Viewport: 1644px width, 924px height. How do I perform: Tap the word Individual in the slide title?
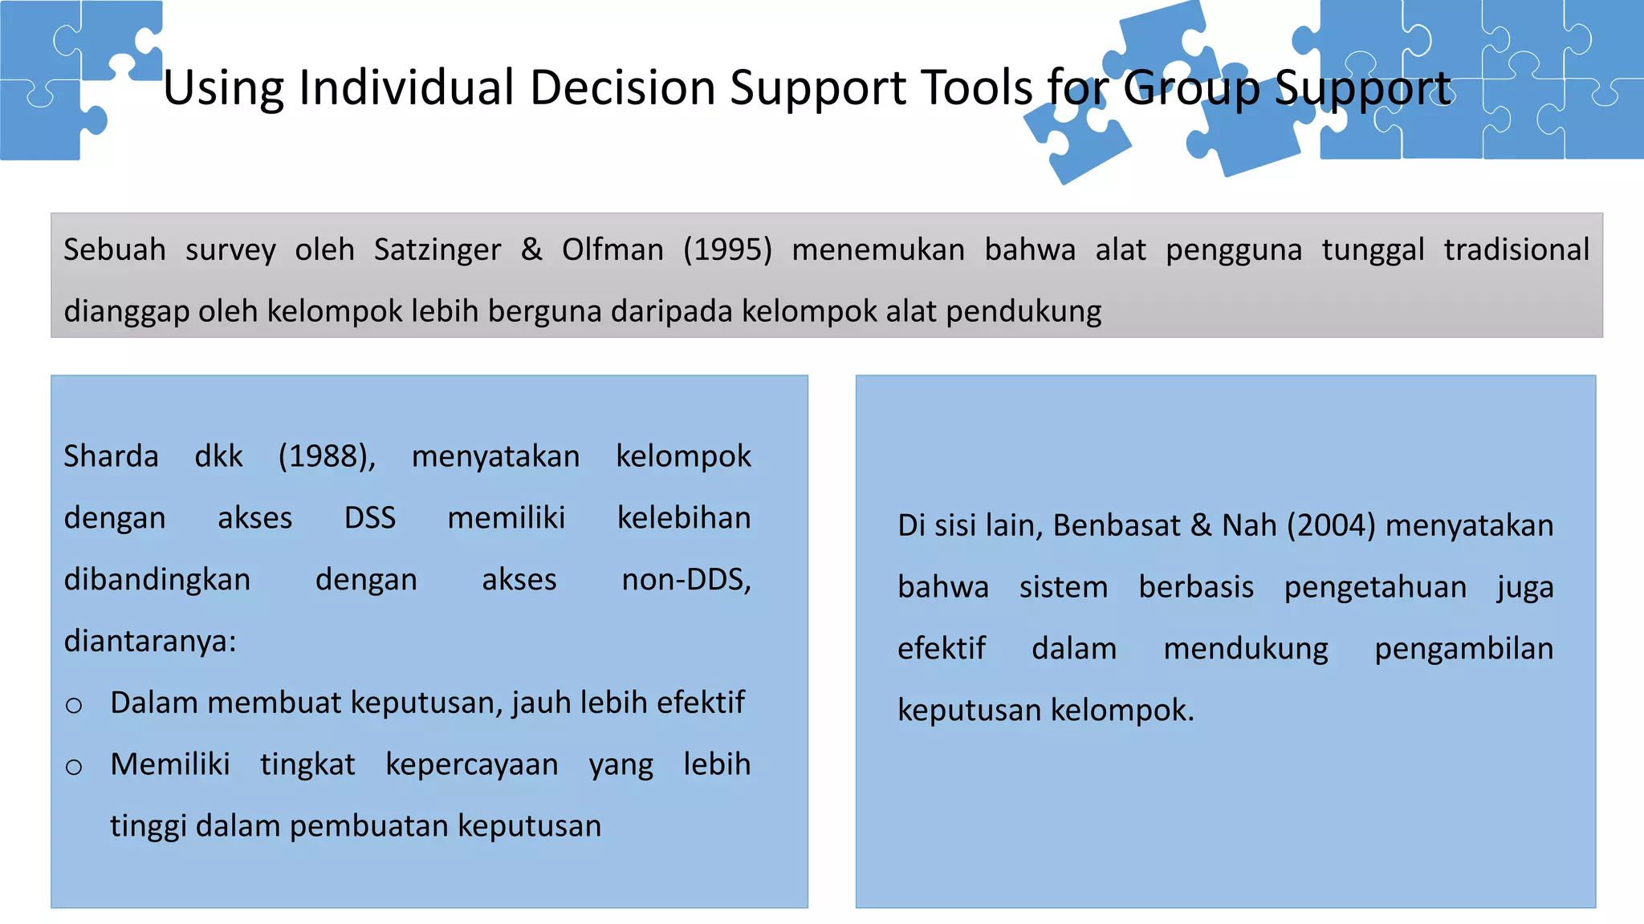406,87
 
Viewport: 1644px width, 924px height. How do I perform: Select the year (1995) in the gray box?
727,249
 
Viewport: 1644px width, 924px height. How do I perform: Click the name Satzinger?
437,249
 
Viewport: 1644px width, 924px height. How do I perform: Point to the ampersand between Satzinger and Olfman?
531,249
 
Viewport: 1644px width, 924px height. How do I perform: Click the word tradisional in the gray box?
1516,249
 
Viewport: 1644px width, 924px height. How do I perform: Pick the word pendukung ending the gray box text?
1023,311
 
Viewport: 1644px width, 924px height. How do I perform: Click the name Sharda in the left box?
112,456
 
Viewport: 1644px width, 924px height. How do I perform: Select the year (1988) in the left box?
327,456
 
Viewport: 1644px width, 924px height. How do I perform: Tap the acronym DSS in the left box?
370,518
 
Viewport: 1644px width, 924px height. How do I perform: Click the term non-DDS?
686,580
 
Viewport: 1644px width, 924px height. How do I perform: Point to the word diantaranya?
150,642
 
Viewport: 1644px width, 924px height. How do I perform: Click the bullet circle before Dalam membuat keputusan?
74,706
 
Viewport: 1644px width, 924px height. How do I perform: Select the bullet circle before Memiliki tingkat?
74,768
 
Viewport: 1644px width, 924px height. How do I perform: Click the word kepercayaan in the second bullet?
472,764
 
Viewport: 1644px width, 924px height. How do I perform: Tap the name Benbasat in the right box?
1116,525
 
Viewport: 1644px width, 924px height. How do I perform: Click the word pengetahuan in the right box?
1375,587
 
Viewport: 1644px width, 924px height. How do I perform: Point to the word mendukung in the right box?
1246,649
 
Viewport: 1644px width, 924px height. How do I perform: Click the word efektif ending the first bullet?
700,703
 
